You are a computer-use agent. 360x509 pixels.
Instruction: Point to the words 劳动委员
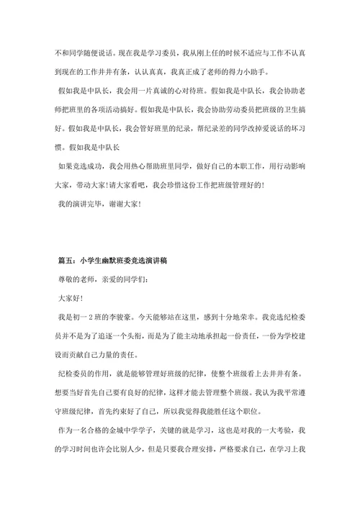215,112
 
